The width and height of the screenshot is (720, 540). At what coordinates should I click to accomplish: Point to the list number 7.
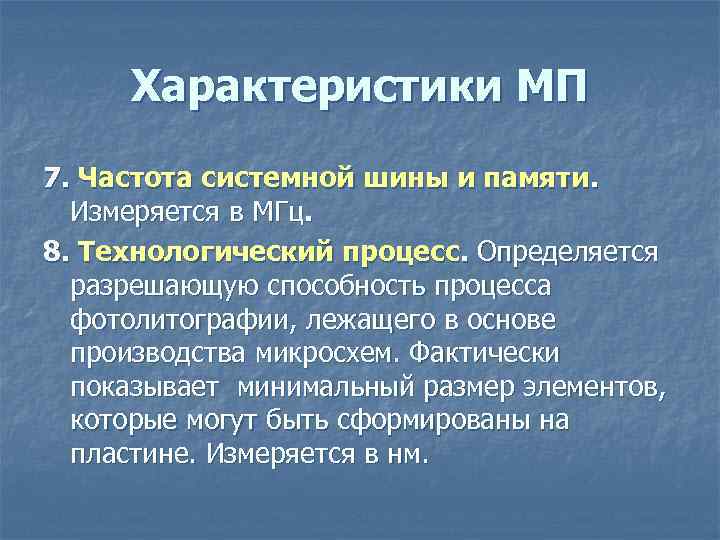point(53,179)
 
